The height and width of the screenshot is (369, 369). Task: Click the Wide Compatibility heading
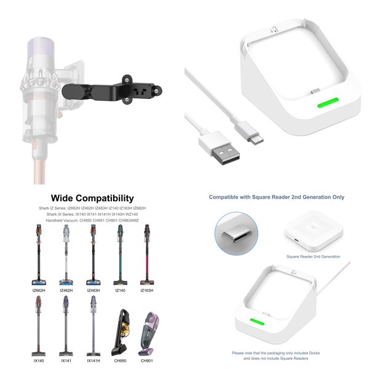(x=92, y=198)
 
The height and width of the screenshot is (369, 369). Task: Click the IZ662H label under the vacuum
(x=40, y=290)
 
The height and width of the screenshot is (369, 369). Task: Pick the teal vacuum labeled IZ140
(x=120, y=255)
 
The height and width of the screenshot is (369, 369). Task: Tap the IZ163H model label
(x=147, y=290)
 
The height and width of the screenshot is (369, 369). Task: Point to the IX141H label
(x=93, y=360)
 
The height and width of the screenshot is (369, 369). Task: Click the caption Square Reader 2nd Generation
(x=313, y=256)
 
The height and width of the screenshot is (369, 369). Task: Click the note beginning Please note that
(x=276, y=356)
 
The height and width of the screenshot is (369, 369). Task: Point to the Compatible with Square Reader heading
(x=276, y=197)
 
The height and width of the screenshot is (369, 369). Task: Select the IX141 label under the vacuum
(x=66, y=360)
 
